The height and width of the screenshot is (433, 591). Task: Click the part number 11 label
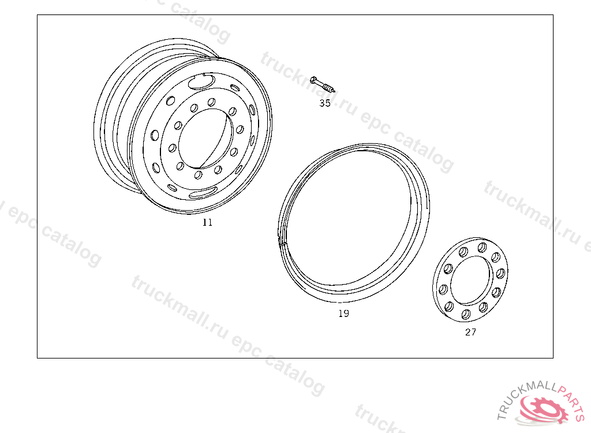pyautogui.click(x=207, y=222)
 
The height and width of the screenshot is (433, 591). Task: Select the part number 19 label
pyautogui.click(x=343, y=313)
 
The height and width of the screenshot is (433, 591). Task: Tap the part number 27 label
pyautogui.click(x=470, y=333)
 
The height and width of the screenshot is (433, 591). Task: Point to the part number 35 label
pyautogui.click(x=325, y=103)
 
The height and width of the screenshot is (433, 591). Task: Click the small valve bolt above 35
pyautogui.click(x=322, y=84)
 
